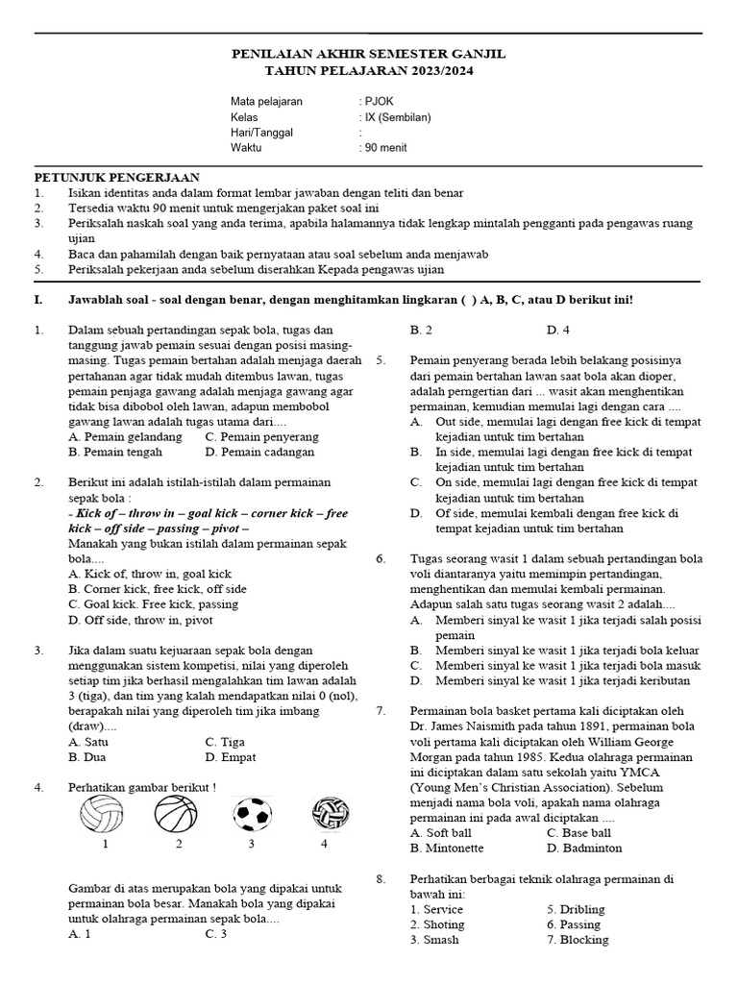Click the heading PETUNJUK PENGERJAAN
tap(117, 177)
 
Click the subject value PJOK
tap(377, 101)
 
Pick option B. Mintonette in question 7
tap(447, 849)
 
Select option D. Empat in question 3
tap(232, 757)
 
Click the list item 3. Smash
tap(434, 940)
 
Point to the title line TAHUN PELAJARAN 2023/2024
tap(369, 71)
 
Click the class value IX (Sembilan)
tap(397, 117)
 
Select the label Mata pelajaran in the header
tap(267, 101)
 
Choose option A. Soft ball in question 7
tap(443, 833)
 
